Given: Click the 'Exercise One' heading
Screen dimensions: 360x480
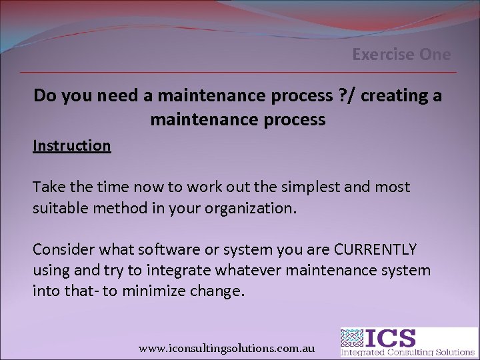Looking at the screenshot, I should tap(401, 55).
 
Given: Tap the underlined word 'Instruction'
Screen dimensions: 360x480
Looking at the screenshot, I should tap(72, 145).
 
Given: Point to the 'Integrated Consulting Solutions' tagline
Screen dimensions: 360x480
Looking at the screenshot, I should tap(408, 351).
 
